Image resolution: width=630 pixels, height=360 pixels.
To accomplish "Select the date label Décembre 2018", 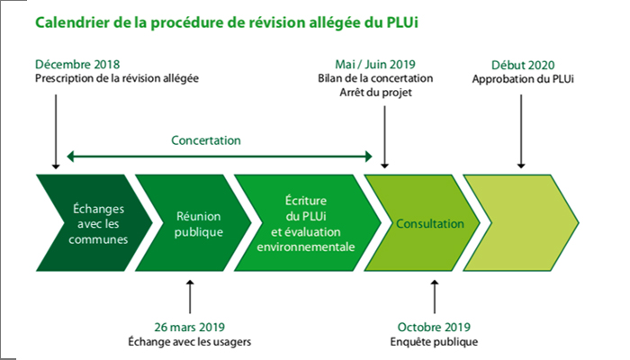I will tap(76, 65).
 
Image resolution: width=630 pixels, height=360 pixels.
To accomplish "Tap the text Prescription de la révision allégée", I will tap(116, 78).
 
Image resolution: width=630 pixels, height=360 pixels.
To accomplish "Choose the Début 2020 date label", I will tap(522, 65).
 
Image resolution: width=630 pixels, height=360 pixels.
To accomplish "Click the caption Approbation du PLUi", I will tap(522, 78).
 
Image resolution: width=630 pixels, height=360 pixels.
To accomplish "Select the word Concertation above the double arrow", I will tap(206, 140).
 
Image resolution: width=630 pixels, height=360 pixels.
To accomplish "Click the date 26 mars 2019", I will tap(190, 327).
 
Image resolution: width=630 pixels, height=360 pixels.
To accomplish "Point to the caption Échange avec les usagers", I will tap(190, 341).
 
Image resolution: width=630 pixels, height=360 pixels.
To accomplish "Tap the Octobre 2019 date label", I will tap(434, 327).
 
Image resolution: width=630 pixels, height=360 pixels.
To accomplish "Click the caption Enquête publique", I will tap(434, 341).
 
